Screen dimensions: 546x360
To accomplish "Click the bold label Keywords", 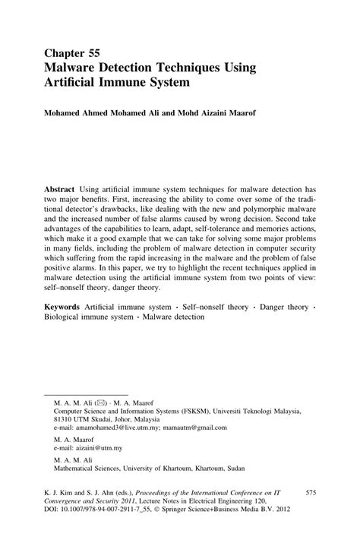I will pyautogui.click(x=64, y=304).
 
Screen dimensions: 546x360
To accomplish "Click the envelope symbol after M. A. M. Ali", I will pyautogui.click(x=103, y=399).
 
